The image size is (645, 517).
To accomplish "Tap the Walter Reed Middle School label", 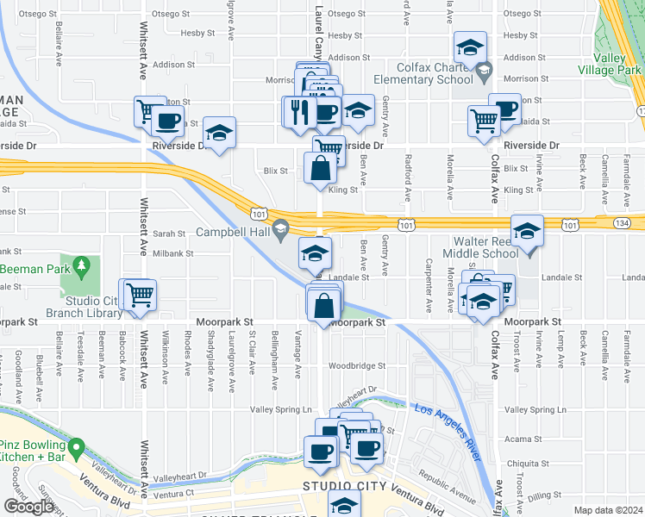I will [x=478, y=247].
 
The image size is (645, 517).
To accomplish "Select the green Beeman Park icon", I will [x=82, y=265].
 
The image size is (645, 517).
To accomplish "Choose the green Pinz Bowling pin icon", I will [x=77, y=447].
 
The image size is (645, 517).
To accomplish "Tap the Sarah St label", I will [x=169, y=234].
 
